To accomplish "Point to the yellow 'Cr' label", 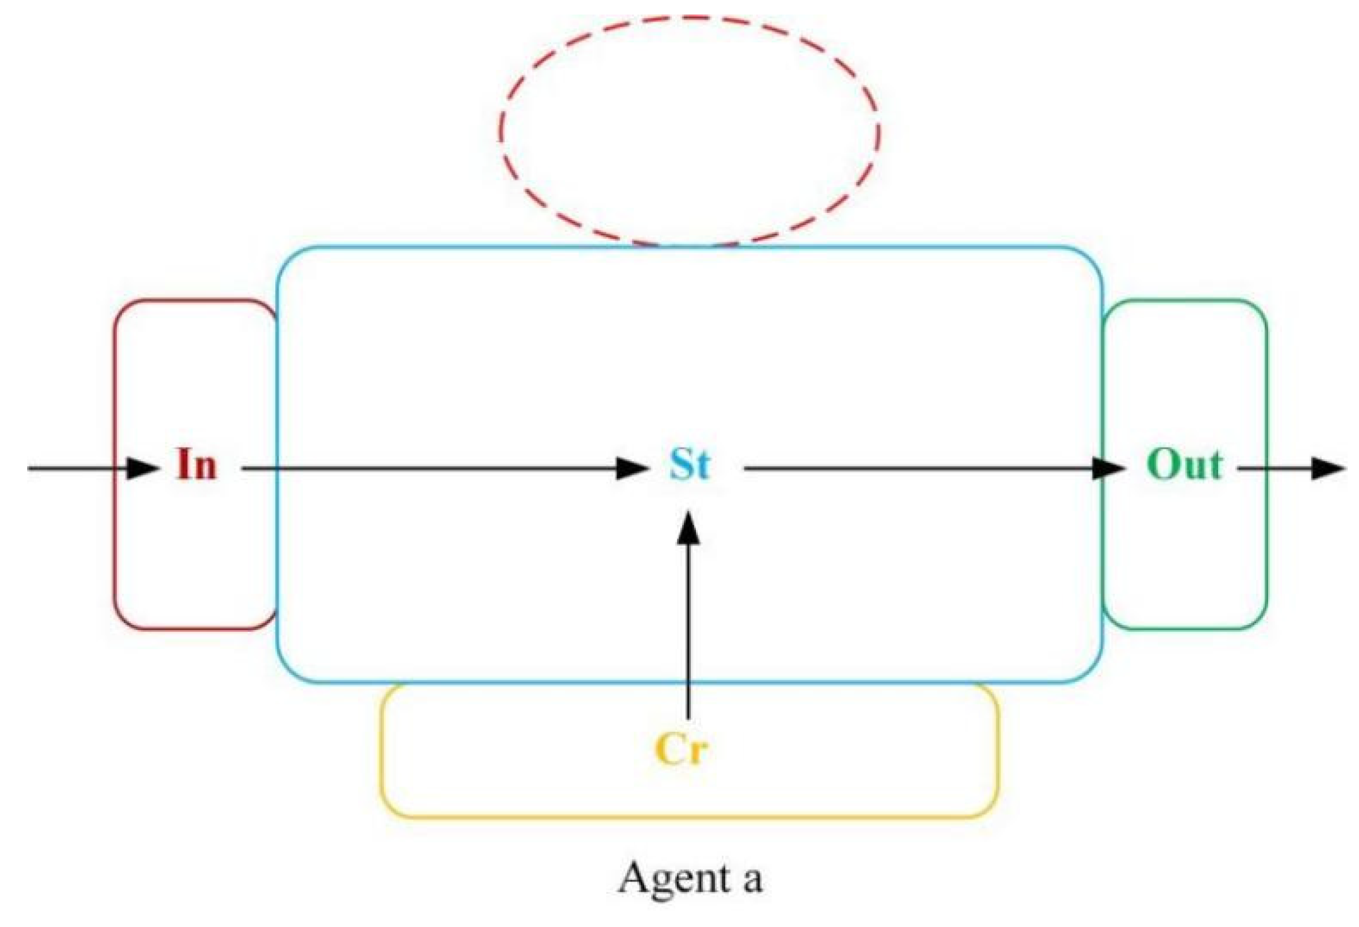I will pyautogui.click(x=681, y=750).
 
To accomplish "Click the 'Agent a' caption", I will pyautogui.click(x=690, y=878).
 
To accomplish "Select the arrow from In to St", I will pyautogui.click(x=429, y=468).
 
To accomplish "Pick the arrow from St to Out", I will pyautogui.click(x=916, y=468).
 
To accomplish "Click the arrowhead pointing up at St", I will pyautogui.click(x=688, y=528).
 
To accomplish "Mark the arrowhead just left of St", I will pyautogui.click(x=632, y=468).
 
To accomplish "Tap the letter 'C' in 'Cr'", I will pyautogui.click(x=668, y=750).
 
